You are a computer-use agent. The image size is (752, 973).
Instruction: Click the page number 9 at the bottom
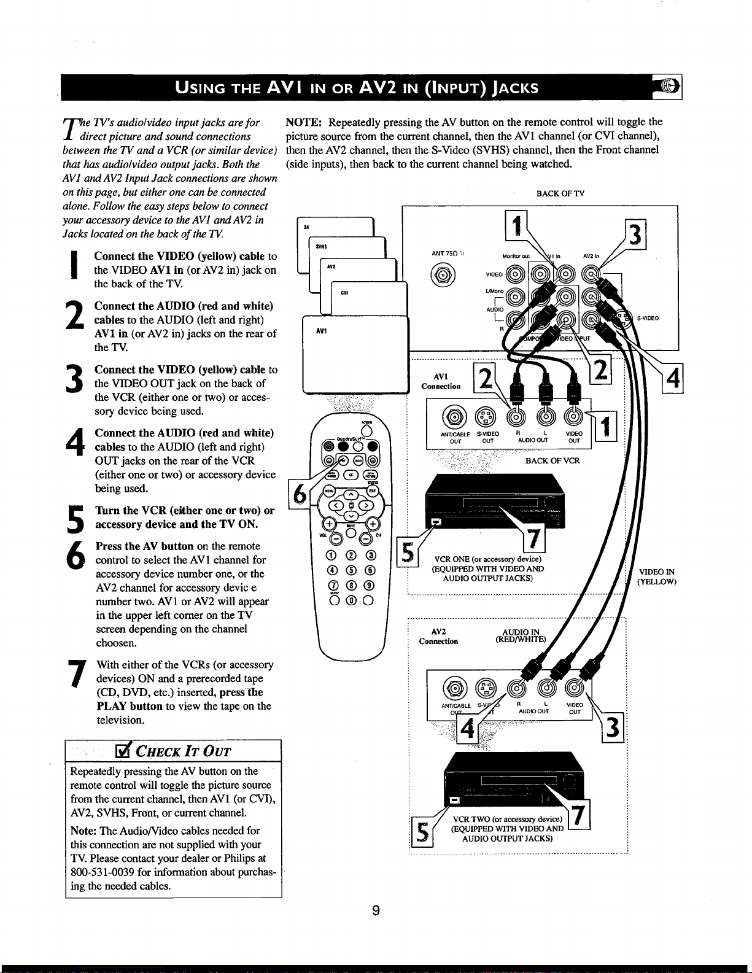point(376,911)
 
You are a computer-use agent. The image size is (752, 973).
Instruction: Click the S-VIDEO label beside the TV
point(648,318)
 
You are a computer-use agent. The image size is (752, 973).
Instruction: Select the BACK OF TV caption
point(560,193)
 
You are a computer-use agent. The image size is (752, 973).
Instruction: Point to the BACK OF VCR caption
point(552,460)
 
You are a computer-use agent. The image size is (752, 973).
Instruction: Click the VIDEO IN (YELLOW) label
point(657,576)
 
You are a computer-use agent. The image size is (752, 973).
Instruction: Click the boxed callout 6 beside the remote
point(301,493)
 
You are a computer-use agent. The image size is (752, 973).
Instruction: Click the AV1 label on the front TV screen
point(321,331)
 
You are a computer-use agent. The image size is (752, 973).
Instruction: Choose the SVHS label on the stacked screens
point(320,246)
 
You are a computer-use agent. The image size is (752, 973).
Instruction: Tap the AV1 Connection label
point(441,381)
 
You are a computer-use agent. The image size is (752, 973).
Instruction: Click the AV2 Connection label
point(438,637)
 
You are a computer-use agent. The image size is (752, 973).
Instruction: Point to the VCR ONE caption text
point(487,559)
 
